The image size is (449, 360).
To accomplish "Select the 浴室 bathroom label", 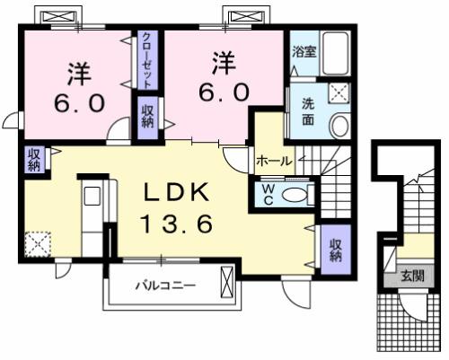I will click(x=303, y=52).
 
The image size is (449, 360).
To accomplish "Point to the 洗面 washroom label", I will click(x=306, y=112).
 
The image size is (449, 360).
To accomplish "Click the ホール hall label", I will click(x=274, y=162).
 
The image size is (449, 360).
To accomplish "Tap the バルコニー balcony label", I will click(x=166, y=288).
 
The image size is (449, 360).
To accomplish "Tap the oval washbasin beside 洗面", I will click(x=340, y=125).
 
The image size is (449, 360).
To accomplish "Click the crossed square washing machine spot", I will click(x=339, y=92).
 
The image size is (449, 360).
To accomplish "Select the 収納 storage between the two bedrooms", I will click(x=146, y=116).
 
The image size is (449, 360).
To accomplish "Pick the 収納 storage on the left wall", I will click(x=33, y=160).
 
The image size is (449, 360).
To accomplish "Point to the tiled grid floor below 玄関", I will click(x=409, y=323).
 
